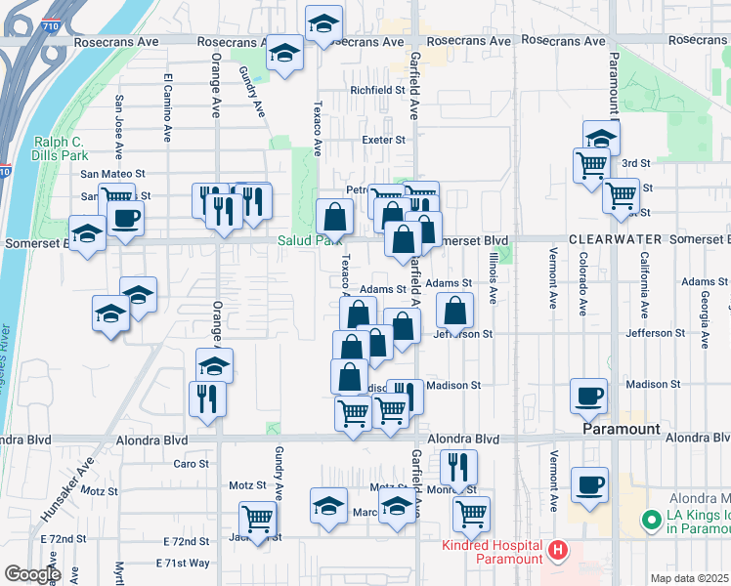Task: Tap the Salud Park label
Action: click(309, 240)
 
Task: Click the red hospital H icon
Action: click(557, 552)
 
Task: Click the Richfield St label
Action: click(378, 90)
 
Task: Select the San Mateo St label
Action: click(112, 173)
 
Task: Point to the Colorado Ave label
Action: click(582, 283)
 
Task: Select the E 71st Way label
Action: click(183, 564)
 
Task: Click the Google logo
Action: click(32, 574)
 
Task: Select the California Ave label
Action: click(644, 285)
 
